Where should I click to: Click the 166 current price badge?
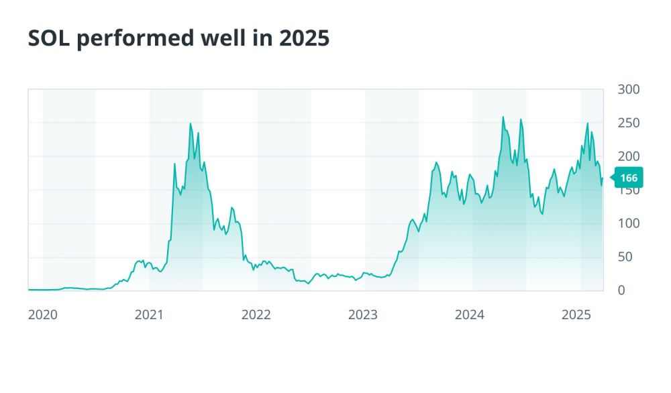click(x=628, y=178)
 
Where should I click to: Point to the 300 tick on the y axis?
click(x=628, y=89)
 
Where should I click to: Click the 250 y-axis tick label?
click(x=628, y=123)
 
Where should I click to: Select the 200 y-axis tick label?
click(x=628, y=156)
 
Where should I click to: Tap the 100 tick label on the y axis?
click(x=628, y=223)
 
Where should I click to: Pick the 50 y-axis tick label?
click(x=625, y=257)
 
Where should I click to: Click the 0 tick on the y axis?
click(x=621, y=290)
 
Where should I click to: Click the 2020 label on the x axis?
click(x=42, y=315)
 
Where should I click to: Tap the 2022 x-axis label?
click(x=256, y=315)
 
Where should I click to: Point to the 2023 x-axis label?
click(x=363, y=315)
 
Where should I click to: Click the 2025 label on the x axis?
click(x=576, y=315)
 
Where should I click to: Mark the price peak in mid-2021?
click(x=191, y=123)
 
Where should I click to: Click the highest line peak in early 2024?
click(x=503, y=117)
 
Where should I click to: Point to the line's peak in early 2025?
click(x=588, y=123)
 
